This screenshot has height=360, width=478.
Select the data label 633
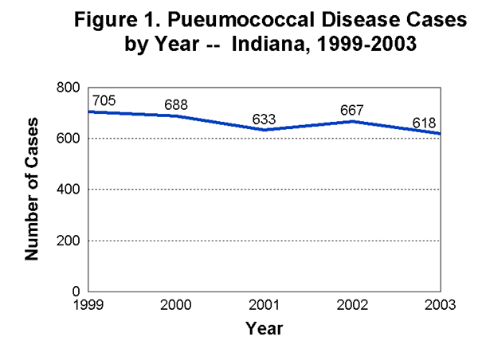(x=264, y=119)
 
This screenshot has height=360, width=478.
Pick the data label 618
(x=425, y=123)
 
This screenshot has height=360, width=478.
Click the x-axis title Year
(x=264, y=327)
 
